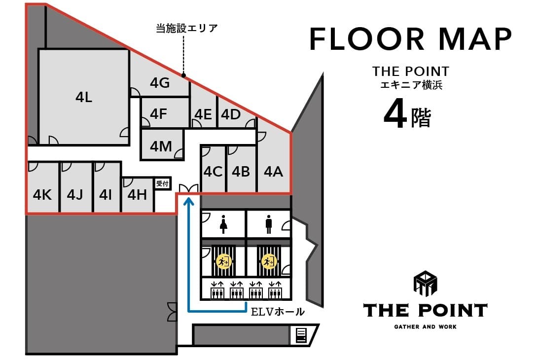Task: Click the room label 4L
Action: coord(84,97)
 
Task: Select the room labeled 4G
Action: coord(160,83)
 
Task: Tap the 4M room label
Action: coord(161,146)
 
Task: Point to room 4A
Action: coord(274,172)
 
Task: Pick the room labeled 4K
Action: coord(42,195)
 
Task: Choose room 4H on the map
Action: coord(137,195)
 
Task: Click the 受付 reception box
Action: coord(162,183)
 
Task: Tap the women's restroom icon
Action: coord(224,224)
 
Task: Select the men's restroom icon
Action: coord(269,224)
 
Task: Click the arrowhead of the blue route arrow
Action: coord(188,200)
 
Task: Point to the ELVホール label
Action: coord(278,312)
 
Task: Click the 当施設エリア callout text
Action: coord(187,28)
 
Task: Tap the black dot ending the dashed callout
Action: coord(183,75)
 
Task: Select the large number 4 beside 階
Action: coord(395,113)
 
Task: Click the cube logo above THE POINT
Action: coord(425,284)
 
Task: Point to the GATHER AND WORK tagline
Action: coord(426,326)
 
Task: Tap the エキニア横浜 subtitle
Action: coord(411,85)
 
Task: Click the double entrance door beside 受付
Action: coord(188,188)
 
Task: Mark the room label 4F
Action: coord(158,114)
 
